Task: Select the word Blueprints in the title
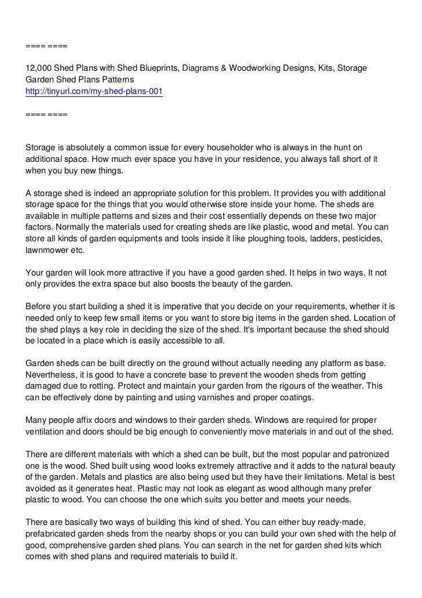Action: coord(152,68)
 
